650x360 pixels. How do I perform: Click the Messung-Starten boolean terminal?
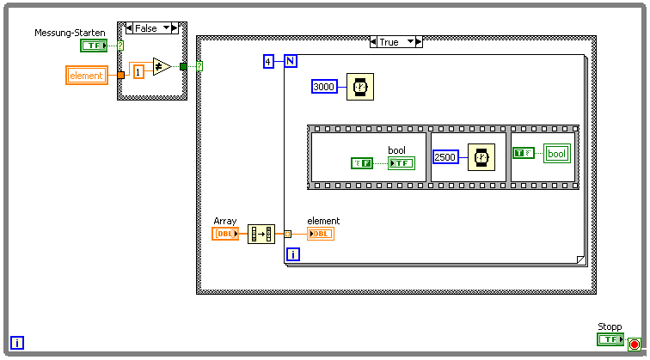pos(94,45)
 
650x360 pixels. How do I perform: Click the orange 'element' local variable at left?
pos(86,76)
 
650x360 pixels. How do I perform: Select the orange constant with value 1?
pos(138,70)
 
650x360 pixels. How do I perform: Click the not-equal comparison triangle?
pos(162,66)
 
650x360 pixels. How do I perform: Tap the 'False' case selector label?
pos(146,28)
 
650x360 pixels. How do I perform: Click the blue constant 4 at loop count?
pos(268,61)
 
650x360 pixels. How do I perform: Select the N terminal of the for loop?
pos(290,61)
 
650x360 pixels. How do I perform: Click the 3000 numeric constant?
pos(324,86)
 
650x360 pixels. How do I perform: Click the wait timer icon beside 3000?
pos(360,86)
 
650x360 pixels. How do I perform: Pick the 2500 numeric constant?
pos(446,156)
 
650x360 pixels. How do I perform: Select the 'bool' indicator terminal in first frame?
pos(401,162)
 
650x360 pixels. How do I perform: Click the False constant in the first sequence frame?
pos(362,162)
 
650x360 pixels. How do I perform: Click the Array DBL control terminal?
pos(225,234)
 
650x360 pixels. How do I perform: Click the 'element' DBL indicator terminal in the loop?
pos(321,234)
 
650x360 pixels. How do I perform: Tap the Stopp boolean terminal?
pos(610,339)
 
